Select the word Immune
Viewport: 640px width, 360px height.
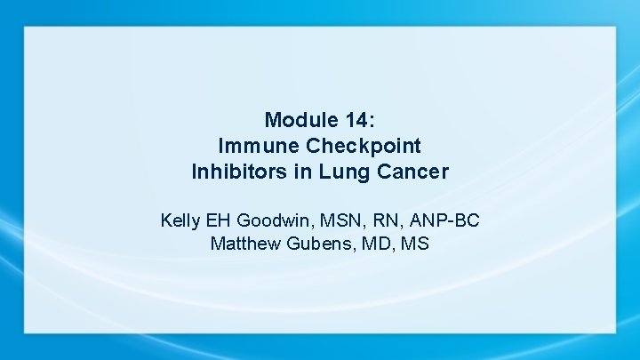(x=252, y=146)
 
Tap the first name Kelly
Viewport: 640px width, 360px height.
(x=181, y=220)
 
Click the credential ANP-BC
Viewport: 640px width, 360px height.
(x=447, y=220)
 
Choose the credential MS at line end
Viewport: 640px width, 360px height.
(x=415, y=243)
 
